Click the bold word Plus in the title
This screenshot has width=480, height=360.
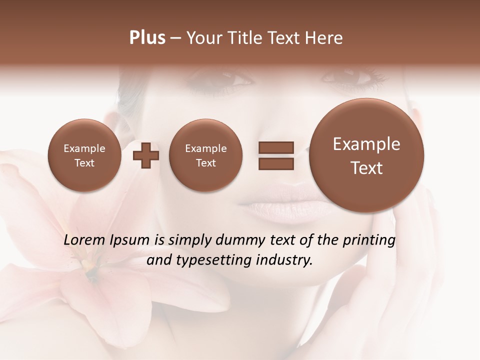point(147,38)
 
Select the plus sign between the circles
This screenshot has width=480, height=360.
point(145,155)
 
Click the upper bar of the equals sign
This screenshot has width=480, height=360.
point(275,147)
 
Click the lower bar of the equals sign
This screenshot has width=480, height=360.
point(275,163)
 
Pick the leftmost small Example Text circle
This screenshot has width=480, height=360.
point(84,155)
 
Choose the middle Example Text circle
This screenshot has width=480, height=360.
point(205,155)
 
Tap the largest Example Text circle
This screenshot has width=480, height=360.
point(366,155)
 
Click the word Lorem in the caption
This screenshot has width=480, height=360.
point(85,240)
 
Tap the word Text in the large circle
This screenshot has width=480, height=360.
point(366,168)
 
